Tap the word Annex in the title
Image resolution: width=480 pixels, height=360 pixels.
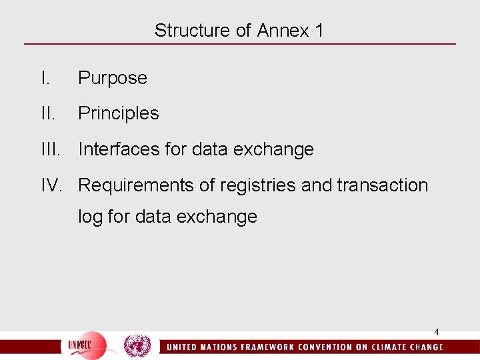(283, 31)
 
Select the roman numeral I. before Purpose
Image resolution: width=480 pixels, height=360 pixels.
(45, 78)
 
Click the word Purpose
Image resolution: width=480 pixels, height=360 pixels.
(112, 78)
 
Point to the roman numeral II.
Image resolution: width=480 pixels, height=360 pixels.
(47, 113)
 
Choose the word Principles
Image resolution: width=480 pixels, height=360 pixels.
(119, 113)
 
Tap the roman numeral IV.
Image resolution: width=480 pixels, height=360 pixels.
(52, 185)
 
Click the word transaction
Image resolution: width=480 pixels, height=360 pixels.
(383, 185)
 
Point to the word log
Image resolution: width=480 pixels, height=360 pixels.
(91, 217)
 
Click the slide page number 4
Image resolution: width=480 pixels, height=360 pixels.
(437, 332)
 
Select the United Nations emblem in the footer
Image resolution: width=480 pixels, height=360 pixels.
(137, 345)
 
